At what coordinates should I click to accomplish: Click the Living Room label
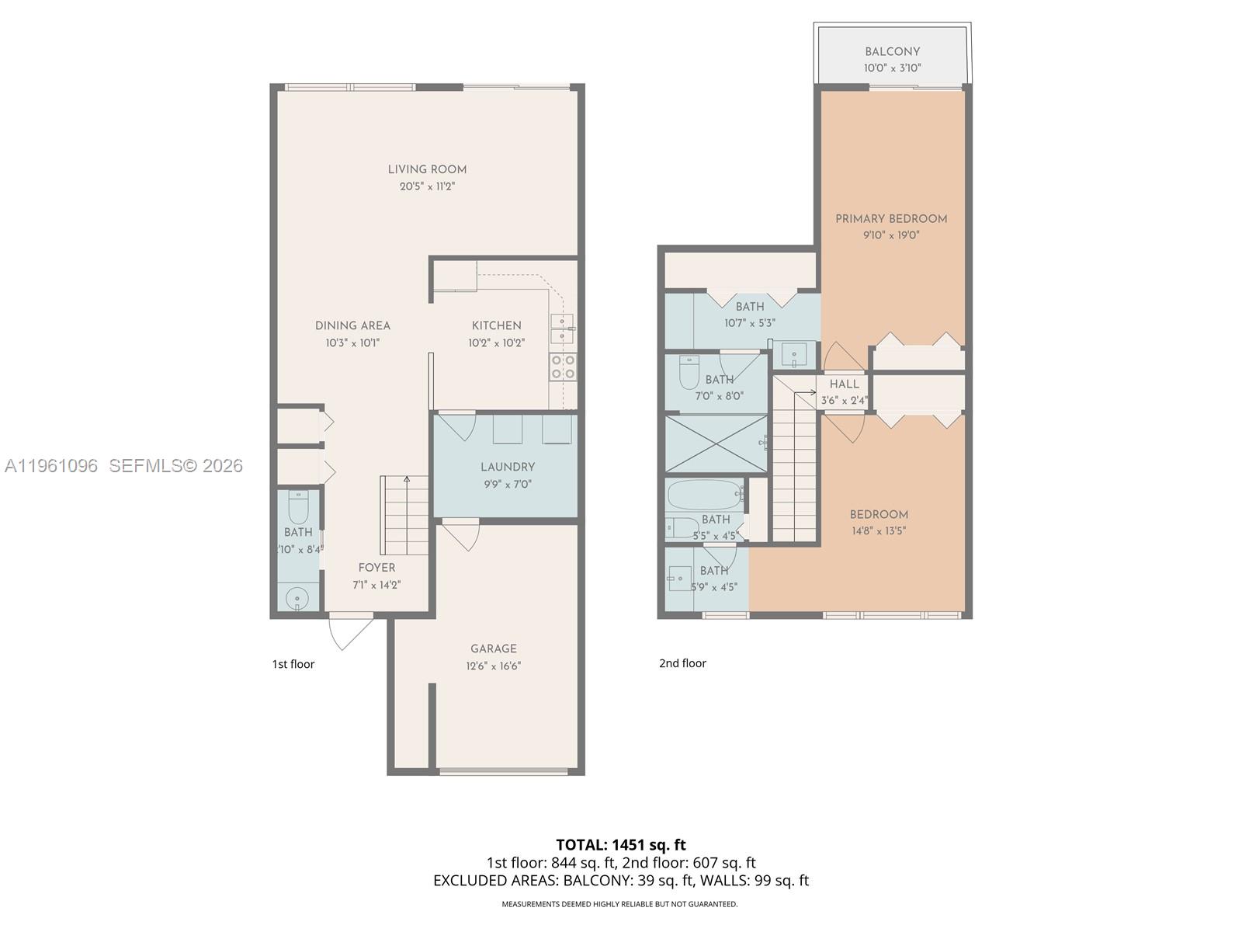coord(427,169)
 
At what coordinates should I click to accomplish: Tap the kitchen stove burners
coord(563,367)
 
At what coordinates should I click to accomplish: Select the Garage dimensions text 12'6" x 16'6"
coord(494,666)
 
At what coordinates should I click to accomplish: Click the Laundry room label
coord(507,467)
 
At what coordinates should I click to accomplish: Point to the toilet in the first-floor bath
coord(298,507)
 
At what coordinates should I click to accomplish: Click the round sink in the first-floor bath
coord(297,598)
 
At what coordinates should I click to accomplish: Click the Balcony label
coord(892,51)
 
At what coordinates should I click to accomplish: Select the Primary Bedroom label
coord(891,219)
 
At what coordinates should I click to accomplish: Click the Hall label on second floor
coord(844,384)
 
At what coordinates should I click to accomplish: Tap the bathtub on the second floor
coord(705,493)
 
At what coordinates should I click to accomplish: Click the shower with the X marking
coord(716,443)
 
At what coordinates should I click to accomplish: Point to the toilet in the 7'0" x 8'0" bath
coord(689,374)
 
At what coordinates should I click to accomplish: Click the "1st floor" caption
coord(293,664)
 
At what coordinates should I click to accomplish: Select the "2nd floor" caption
coord(682,663)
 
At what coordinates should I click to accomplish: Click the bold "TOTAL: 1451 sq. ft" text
coord(621,844)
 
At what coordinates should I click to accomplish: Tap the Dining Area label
coord(352,325)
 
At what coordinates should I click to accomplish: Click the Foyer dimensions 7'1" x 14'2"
coord(376,585)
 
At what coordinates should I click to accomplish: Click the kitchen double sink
coord(562,329)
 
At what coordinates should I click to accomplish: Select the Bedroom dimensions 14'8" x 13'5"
coord(879,531)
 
